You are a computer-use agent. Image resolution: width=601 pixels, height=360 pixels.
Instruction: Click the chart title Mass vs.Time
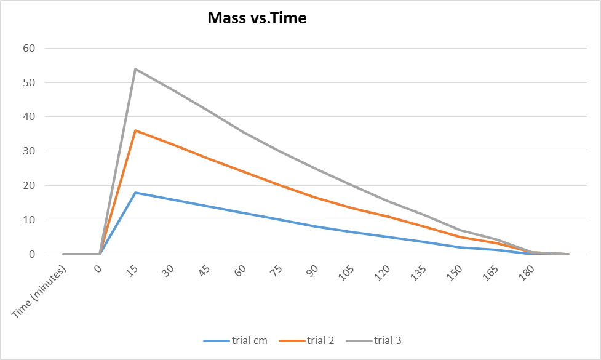257,18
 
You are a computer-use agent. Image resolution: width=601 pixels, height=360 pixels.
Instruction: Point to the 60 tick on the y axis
29,48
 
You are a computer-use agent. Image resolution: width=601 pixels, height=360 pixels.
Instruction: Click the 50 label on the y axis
29,82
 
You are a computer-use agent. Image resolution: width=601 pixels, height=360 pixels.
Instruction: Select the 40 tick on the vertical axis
29,117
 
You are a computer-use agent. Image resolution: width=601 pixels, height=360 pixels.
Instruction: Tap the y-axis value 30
29,151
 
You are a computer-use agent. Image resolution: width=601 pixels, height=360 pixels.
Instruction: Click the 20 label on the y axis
29,186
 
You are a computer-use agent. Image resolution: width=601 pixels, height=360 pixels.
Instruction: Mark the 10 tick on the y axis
29,220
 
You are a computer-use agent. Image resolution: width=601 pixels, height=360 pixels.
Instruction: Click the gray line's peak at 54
135,69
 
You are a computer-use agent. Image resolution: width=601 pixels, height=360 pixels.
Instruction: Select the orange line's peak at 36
135,130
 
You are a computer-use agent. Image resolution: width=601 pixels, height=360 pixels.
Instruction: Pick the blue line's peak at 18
135,193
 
